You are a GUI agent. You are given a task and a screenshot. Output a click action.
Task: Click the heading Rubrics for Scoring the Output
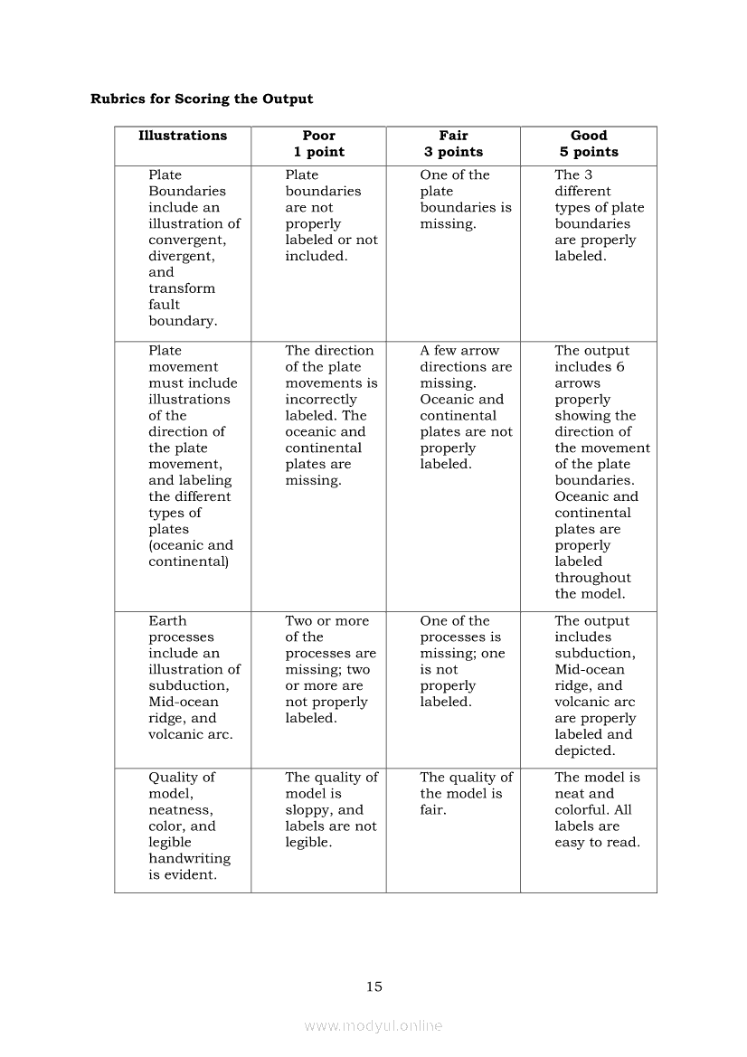tap(202, 99)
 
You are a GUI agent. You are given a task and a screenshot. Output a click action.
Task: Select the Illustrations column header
tap(183, 136)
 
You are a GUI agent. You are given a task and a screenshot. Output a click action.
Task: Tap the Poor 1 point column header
tap(318, 144)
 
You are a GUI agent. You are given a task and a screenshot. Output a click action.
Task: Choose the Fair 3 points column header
tap(453, 144)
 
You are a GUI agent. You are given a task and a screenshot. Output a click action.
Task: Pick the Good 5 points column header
tap(589, 144)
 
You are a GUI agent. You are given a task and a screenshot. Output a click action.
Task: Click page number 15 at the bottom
tap(374, 986)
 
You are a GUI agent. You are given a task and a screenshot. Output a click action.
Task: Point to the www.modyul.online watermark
tap(373, 1025)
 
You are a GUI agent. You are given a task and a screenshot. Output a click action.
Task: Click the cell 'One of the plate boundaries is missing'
tap(465, 199)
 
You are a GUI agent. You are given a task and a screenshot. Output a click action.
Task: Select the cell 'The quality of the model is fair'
tap(466, 793)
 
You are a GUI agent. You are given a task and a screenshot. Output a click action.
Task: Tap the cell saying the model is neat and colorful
tap(597, 809)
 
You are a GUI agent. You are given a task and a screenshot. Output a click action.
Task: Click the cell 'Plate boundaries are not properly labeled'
tap(331, 215)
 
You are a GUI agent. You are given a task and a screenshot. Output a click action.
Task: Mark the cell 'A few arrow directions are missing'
tap(465, 407)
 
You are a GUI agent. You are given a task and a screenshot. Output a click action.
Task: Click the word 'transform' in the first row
tap(182, 288)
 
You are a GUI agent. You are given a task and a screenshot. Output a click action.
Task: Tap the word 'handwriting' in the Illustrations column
tap(189, 859)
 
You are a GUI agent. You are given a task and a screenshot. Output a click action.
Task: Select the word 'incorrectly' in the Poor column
tap(321, 400)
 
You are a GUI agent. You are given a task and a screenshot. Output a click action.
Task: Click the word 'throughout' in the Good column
tap(592, 578)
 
